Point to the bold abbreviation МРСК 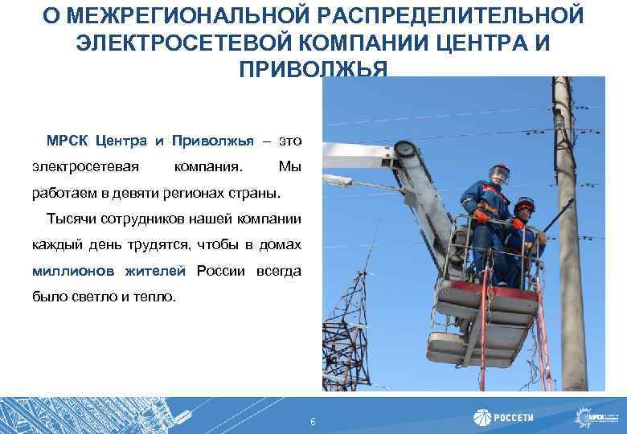(x=67, y=141)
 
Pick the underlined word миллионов (x=74, y=271)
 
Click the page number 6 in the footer (x=313, y=423)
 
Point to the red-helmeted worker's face (x=523, y=211)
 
